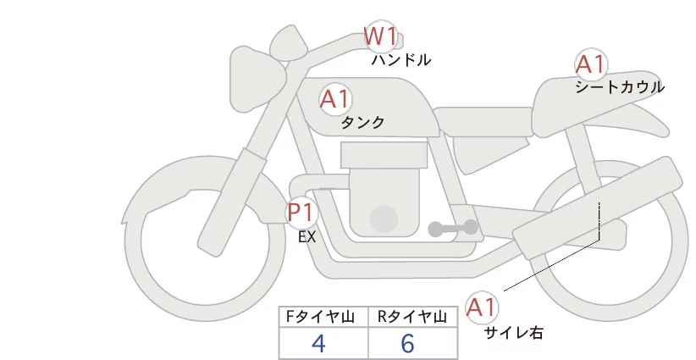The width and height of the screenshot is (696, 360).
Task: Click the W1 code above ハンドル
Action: pyautogui.click(x=380, y=36)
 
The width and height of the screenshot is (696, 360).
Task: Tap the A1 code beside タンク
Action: pyautogui.click(x=334, y=99)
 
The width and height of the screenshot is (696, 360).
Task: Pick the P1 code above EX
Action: pyautogui.click(x=301, y=211)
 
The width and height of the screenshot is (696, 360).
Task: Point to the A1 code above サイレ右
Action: pyautogui.click(x=483, y=307)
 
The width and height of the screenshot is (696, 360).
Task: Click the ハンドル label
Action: pyautogui.click(x=401, y=60)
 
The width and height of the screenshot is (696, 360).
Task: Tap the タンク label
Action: pyautogui.click(x=362, y=122)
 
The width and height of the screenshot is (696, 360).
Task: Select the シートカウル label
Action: pyautogui.click(x=620, y=86)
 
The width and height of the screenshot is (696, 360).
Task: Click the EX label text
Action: pyautogui.click(x=307, y=237)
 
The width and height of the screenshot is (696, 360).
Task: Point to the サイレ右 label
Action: pyautogui.click(x=513, y=333)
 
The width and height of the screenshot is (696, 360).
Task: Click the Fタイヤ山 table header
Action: pyautogui.click(x=323, y=317)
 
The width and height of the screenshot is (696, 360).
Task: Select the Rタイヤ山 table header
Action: pyautogui.click(x=414, y=317)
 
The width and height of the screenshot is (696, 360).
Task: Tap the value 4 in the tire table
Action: pyautogui.click(x=318, y=344)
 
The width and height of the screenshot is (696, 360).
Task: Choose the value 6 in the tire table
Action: pyautogui.click(x=407, y=344)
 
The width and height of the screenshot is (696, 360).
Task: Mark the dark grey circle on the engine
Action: pyautogui.click(x=384, y=218)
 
